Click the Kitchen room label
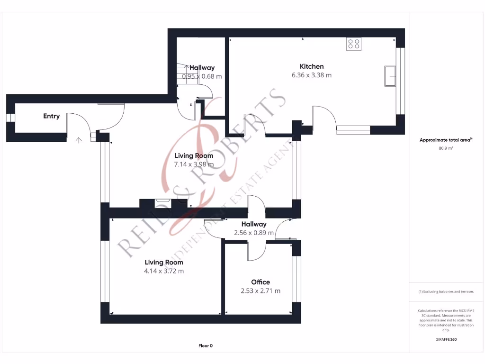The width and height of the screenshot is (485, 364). click(x=311, y=66)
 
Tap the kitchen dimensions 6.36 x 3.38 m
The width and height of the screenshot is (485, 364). click(x=311, y=75)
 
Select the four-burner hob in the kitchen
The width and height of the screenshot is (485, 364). click(x=354, y=44)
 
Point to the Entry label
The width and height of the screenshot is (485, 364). click(x=51, y=116)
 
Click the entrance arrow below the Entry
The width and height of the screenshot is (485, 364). click(x=78, y=140)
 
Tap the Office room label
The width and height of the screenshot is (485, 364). click(x=260, y=282)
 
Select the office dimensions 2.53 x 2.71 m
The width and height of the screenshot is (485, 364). click(x=260, y=291)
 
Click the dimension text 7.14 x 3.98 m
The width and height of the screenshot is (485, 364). click(x=194, y=164)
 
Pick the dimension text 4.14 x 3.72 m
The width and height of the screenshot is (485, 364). click(x=164, y=271)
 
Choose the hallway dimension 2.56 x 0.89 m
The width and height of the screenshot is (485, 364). click(x=254, y=233)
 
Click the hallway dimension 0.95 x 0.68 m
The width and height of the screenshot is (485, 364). click(x=202, y=76)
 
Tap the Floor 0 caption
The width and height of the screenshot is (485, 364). click(x=206, y=346)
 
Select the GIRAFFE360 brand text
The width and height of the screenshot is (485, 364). click(x=446, y=339)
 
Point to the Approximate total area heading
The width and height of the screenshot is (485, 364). click(x=445, y=140)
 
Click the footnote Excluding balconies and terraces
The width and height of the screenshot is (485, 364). click(x=446, y=291)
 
